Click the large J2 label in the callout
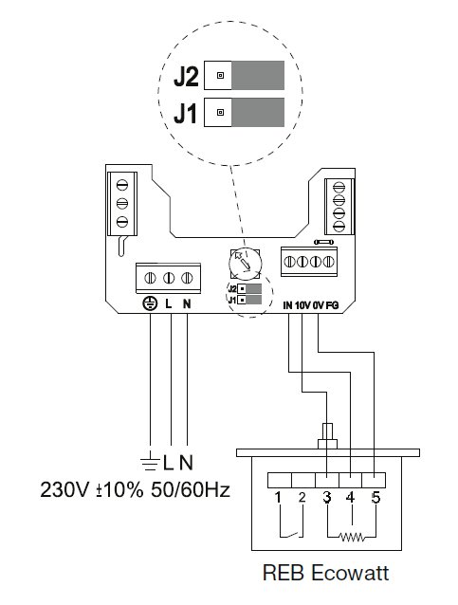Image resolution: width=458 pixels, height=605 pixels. click(187, 77)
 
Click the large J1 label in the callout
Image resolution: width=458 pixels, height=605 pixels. click(185, 114)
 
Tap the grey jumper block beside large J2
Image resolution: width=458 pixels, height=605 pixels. click(258, 75)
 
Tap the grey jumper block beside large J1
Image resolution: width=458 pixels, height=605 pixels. click(258, 112)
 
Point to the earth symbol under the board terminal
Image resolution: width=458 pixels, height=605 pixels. click(150, 304)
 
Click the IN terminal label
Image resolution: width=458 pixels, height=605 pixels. click(287, 305)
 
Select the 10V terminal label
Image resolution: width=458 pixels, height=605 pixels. click(302, 305)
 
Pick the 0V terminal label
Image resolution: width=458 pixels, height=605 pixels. click(319, 305)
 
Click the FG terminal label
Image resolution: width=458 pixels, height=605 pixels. click(332, 305)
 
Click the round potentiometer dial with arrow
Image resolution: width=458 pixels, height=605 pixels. click(245, 264)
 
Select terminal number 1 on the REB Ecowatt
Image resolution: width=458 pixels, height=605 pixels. click(278, 497)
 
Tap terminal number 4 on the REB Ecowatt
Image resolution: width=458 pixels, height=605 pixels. click(350, 497)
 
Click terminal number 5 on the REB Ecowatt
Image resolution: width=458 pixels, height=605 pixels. click(376, 497)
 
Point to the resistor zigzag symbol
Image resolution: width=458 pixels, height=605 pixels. click(351, 537)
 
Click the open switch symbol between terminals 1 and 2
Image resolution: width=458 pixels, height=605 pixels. click(291, 535)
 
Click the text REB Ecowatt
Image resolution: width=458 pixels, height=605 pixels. click(325, 573)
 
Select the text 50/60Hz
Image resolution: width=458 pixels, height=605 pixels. click(191, 490)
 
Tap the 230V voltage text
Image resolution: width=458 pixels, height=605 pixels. click(64, 490)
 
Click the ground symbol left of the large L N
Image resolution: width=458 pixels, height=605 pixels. click(150, 463)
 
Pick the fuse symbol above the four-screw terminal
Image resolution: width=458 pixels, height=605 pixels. click(324, 243)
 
